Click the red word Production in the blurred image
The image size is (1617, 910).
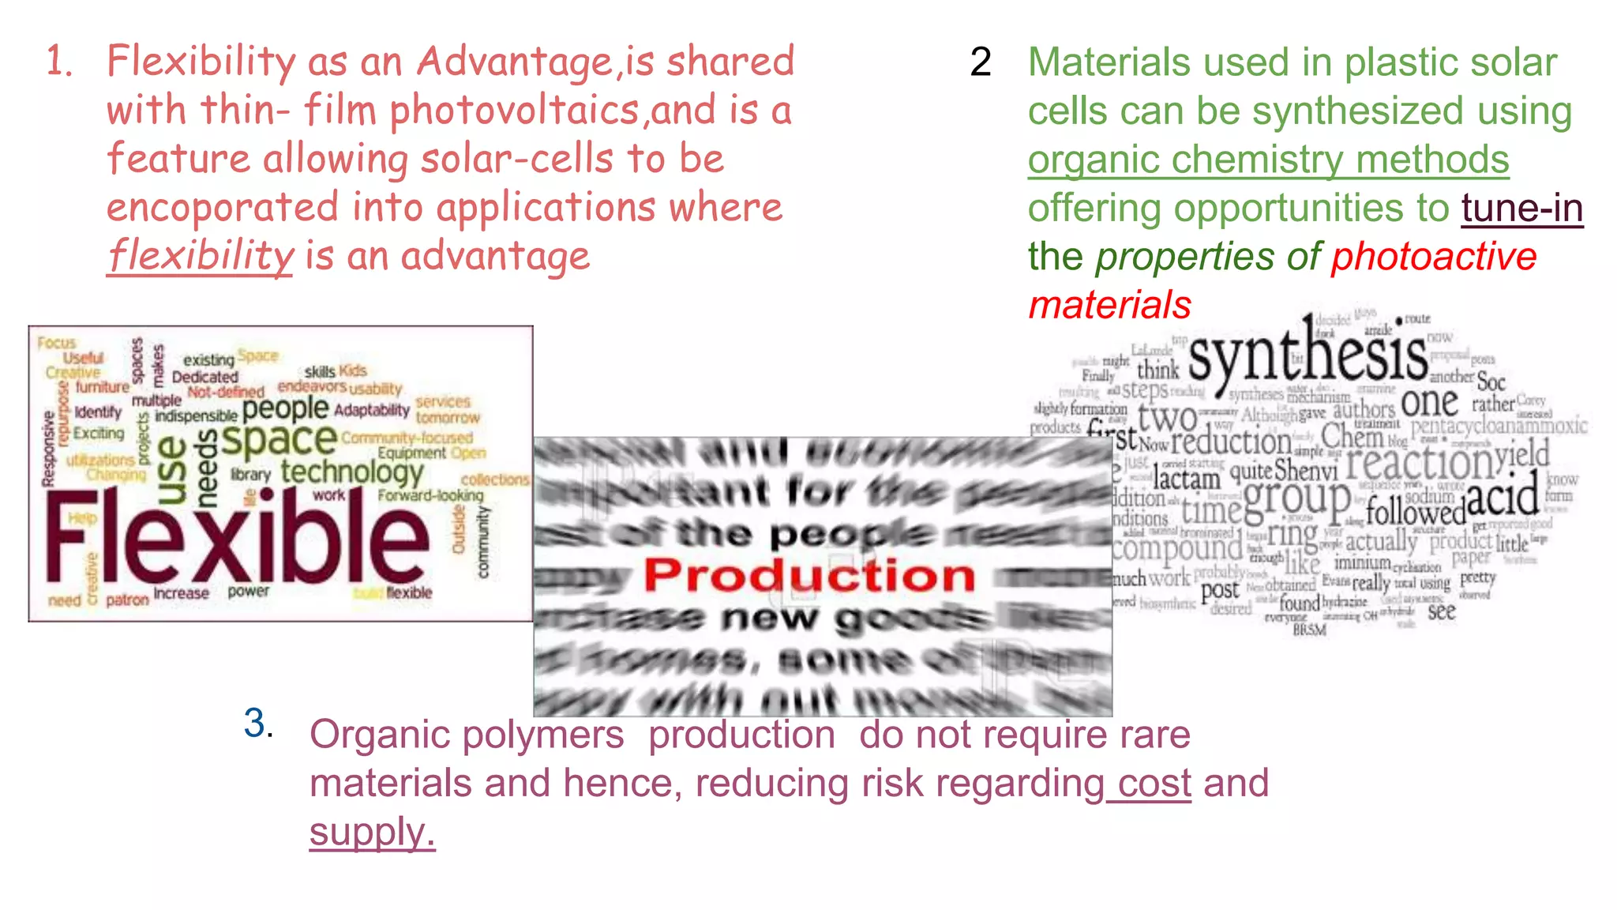(x=809, y=575)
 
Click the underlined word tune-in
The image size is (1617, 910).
(x=1521, y=209)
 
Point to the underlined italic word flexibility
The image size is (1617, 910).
(x=200, y=256)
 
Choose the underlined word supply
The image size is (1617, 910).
(x=372, y=833)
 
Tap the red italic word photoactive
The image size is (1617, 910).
(x=1434, y=257)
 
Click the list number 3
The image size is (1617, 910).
(x=256, y=724)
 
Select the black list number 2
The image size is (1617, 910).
(x=981, y=62)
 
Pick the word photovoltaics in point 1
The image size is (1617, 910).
(x=515, y=111)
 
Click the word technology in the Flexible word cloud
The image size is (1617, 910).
(x=352, y=472)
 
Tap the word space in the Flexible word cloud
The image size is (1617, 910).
(x=279, y=439)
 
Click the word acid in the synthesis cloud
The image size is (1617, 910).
(x=1502, y=496)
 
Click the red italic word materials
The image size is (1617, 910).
(x=1109, y=305)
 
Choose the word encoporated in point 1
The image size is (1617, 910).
(x=223, y=208)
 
